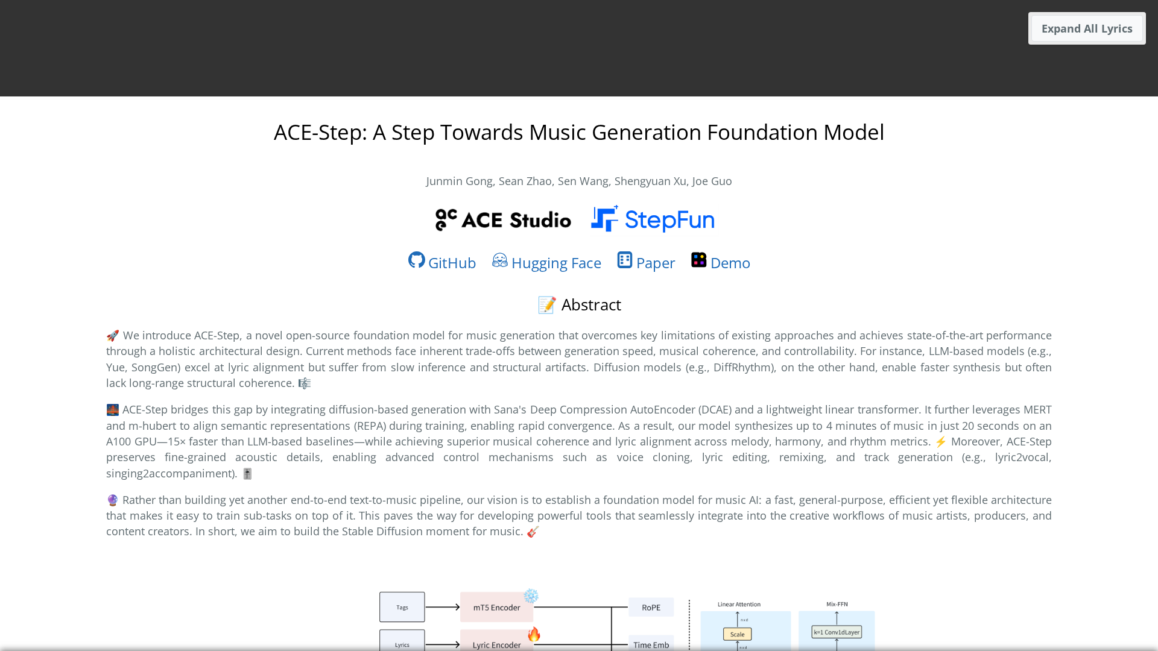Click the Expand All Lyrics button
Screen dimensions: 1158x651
click(x=1087, y=28)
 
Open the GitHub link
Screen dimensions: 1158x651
click(x=442, y=262)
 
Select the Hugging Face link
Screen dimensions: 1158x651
click(x=546, y=262)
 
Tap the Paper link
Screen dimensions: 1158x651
click(x=646, y=262)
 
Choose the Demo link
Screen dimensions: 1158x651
click(x=721, y=262)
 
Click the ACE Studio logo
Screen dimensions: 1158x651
click(x=503, y=220)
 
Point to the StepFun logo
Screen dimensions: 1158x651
click(x=653, y=219)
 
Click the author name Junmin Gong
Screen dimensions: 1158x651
click(x=459, y=181)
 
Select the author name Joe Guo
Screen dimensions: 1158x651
click(x=712, y=181)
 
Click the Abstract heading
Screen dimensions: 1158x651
click(x=579, y=305)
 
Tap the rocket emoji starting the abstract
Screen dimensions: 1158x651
click(x=113, y=336)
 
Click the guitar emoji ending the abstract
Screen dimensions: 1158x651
click(x=533, y=532)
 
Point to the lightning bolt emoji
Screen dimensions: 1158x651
click(x=941, y=442)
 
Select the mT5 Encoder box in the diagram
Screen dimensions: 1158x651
click(x=496, y=607)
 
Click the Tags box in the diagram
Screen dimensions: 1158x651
click(x=402, y=607)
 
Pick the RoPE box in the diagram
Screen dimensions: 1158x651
click(x=651, y=608)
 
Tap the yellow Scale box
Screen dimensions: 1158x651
click(x=737, y=634)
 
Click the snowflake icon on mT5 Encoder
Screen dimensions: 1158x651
click(x=531, y=596)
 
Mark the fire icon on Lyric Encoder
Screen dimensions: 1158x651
click(x=534, y=634)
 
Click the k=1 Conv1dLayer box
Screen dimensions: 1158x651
click(x=837, y=632)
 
